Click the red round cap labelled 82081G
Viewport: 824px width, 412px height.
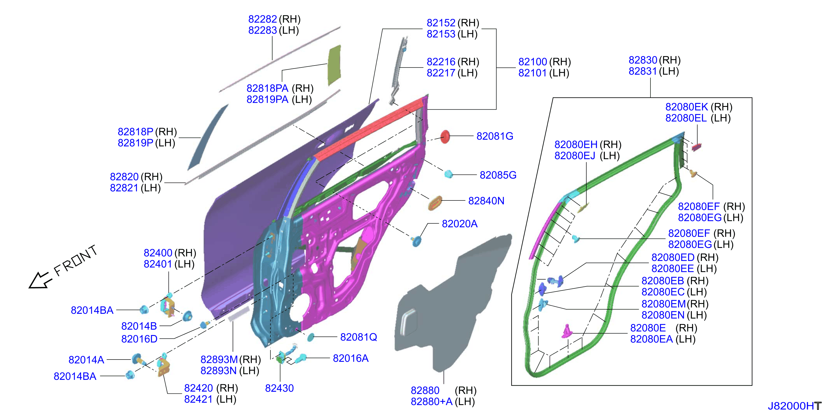(x=445, y=137)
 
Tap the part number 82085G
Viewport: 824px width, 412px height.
(x=498, y=175)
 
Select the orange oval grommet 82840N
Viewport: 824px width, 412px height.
(x=435, y=203)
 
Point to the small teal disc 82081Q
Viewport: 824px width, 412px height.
(x=310, y=337)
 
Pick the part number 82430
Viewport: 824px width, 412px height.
(x=279, y=388)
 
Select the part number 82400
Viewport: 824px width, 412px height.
(x=158, y=253)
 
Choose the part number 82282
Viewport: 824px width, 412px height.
(x=263, y=19)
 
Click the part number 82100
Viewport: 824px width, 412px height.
(x=532, y=62)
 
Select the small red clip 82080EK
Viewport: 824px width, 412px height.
(x=696, y=147)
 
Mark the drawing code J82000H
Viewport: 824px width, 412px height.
(x=794, y=406)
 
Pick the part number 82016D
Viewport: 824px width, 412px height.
(x=139, y=339)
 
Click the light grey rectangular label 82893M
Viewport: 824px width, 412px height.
(x=239, y=314)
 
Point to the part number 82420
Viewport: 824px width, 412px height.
(x=198, y=388)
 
